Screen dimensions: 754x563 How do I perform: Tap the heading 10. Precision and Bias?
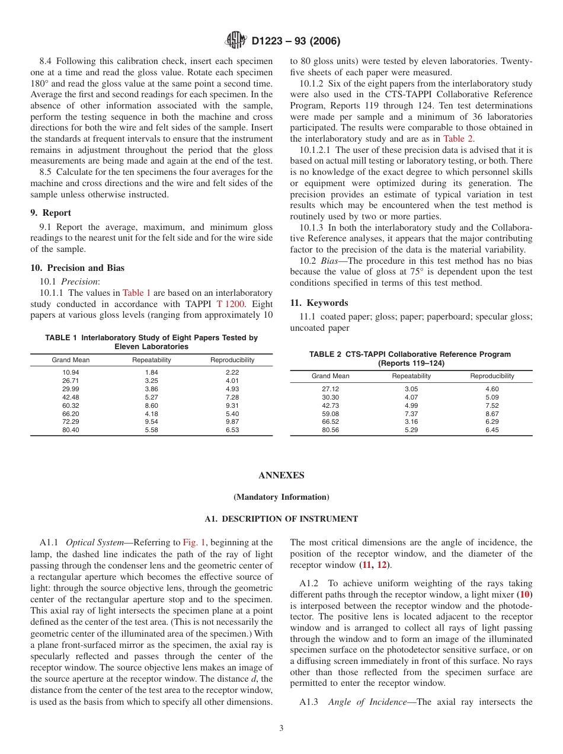(x=77, y=268)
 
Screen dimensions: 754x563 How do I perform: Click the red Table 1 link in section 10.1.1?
(x=136, y=293)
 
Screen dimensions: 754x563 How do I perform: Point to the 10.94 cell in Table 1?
(x=71, y=373)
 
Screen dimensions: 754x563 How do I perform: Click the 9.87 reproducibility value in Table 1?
(x=232, y=422)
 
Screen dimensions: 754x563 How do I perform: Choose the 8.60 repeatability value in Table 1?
(x=151, y=405)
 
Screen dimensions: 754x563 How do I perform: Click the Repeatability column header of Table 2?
(x=411, y=376)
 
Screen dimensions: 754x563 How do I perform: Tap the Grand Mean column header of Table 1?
(x=71, y=360)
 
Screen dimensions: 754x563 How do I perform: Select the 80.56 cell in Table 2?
(x=330, y=430)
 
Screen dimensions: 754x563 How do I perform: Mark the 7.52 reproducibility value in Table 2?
(x=492, y=405)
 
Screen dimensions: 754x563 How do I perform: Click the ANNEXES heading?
(x=281, y=475)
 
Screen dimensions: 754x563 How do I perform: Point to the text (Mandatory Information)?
(x=281, y=497)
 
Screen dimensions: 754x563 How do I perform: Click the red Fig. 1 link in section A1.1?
(x=194, y=542)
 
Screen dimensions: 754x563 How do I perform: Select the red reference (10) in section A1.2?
(x=524, y=594)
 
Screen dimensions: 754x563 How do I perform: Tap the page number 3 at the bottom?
(x=281, y=729)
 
